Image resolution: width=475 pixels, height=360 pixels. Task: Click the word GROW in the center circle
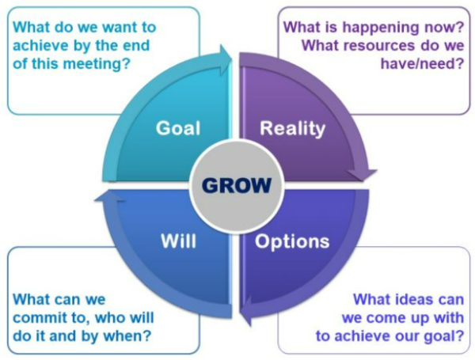237,184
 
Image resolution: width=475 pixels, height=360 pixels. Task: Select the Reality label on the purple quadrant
292,128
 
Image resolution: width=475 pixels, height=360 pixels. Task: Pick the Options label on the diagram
292,241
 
